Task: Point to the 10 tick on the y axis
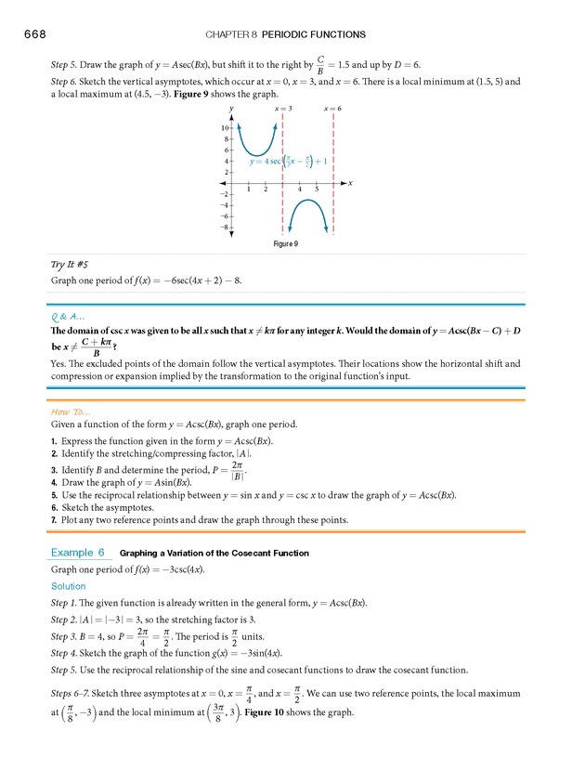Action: pyautogui.click(x=225, y=127)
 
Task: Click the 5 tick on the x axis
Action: pyautogui.click(x=316, y=189)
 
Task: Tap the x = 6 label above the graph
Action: pyautogui.click(x=332, y=110)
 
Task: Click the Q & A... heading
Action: pyautogui.click(x=69, y=314)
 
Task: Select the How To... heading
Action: pyautogui.click(x=71, y=410)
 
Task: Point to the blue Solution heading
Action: pyautogui.click(x=69, y=586)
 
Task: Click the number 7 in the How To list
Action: pyautogui.click(x=55, y=519)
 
